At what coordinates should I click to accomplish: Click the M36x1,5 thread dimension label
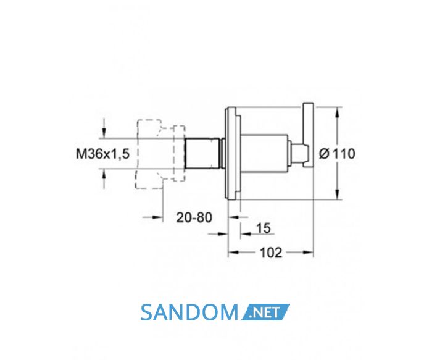(x=102, y=154)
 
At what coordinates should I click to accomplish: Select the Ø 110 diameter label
(x=337, y=154)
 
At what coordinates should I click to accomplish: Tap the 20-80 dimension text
(x=194, y=217)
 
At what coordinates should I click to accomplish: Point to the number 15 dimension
(x=264, y=228)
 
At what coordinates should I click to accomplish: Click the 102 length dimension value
(x=271, y=253)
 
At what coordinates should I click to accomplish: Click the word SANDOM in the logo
(x=189, y=312)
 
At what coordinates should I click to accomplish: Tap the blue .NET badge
(x=265, y=312)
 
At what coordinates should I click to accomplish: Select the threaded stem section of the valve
(x=202, y=153)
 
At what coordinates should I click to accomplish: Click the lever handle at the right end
(x=309, y=135)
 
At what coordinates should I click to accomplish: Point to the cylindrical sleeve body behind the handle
(x=265, y=153)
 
